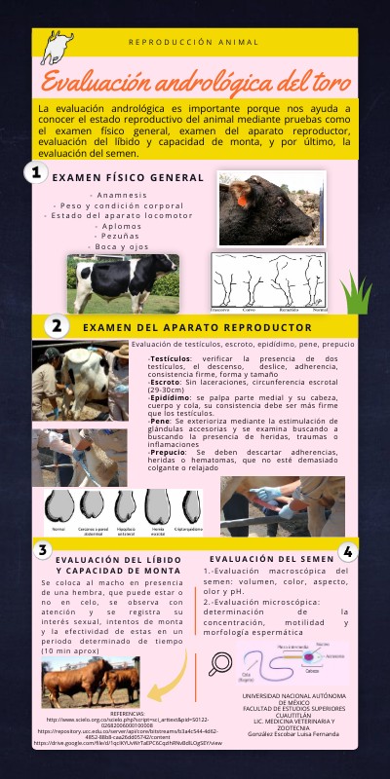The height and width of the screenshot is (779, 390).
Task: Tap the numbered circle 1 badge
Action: (36, 173)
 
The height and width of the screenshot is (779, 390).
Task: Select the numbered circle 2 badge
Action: (57, 326)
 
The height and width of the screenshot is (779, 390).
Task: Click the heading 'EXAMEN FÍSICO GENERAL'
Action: (128, 178)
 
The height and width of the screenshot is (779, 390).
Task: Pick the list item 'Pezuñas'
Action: (123, 236)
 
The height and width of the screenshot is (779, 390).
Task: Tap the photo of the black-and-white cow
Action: (121, 282)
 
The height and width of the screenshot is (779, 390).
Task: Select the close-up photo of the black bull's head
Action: (270, 208)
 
